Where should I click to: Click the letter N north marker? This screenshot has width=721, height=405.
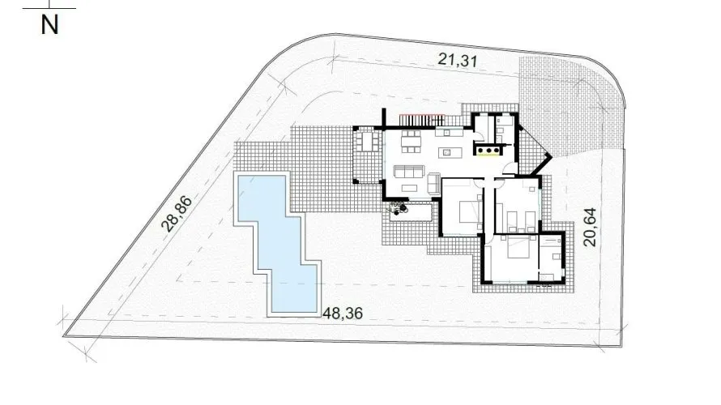(50, 24)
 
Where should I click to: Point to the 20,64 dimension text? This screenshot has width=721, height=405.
(591, 226)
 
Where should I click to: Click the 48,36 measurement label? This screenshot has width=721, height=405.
(342, 312)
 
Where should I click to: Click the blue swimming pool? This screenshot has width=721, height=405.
(275, 243)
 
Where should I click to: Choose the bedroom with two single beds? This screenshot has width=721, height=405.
(517, 211)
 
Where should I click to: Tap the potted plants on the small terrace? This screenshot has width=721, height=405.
(398, 209)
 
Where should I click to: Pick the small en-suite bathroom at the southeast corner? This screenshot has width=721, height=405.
(554, 259)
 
